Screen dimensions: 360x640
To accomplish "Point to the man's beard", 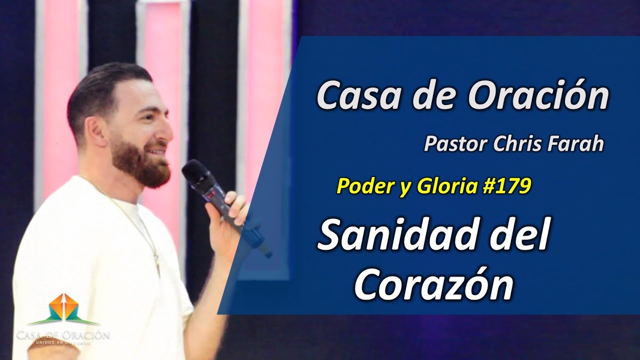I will click(x=140, y=162).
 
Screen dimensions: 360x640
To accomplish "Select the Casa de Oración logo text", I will click(x=63, y=334).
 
